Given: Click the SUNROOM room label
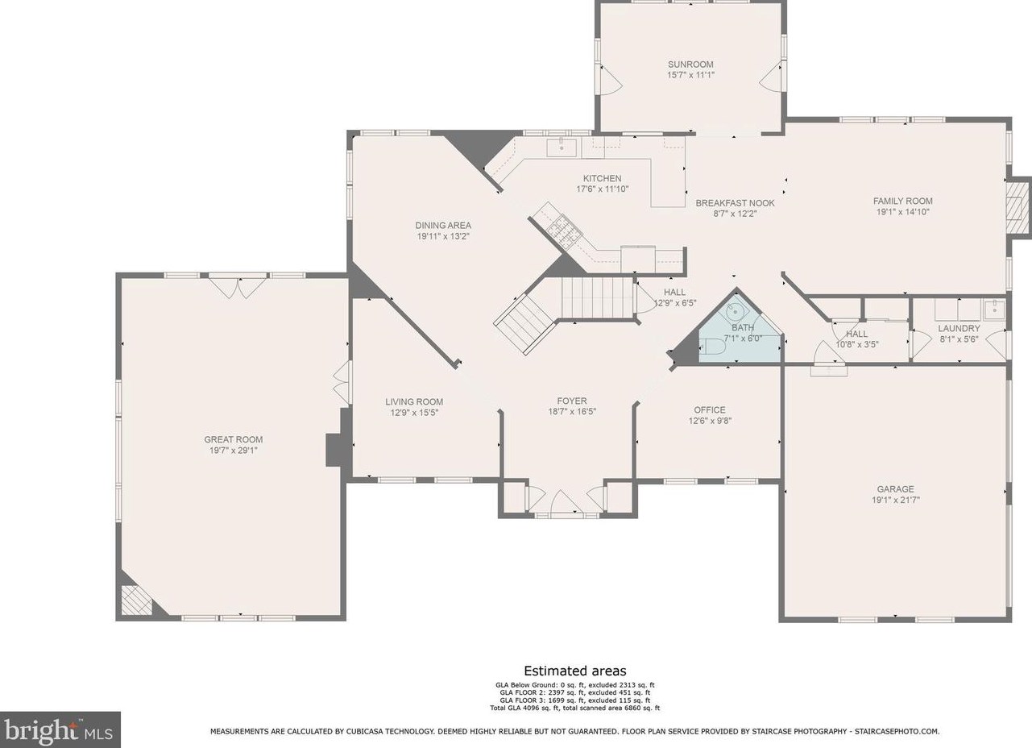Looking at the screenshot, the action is (690, 64).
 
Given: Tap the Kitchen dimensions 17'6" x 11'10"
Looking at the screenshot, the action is (602, 189).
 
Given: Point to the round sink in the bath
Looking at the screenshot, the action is (736, 312).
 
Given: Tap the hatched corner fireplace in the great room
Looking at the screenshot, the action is (136, 600).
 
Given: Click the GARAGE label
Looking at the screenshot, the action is (895, 489).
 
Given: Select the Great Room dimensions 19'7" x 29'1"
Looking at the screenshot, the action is (233, 451).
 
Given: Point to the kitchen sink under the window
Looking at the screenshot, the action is (562, 148).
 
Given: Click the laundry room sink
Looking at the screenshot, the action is (994, 310).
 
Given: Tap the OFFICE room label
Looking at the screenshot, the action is (710, 409).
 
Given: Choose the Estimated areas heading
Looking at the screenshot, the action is (575, 671).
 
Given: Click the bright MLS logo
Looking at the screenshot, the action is (60, 729).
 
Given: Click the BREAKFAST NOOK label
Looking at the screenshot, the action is (735, 203).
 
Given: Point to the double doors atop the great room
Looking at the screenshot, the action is (238, 286).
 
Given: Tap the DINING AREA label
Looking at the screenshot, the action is (443, 226).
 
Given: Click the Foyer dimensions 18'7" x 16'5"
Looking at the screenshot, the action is (572, 412).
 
